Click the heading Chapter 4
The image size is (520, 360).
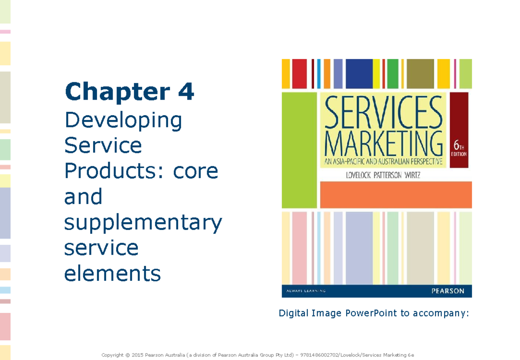coord(129,93)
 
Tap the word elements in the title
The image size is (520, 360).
coord(112,273)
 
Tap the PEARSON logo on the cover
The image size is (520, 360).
coord(448,291)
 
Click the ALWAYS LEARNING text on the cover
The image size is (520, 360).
coord(304,291)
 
